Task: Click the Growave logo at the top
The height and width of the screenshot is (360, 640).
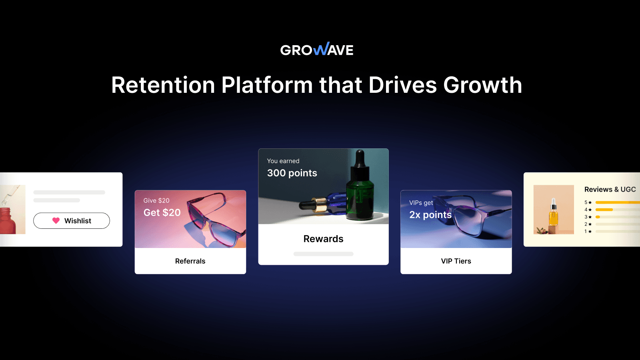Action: (x=317, y=49)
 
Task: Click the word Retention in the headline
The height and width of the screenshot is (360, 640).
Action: (x=163, y=85)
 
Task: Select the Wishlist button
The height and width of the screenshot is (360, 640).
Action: (x=72, y=221)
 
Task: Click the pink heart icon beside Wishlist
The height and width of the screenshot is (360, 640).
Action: (x=56, y=220)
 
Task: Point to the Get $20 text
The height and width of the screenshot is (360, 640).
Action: (x=162, y=213)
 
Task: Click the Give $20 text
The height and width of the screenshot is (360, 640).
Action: (x=156, y=200)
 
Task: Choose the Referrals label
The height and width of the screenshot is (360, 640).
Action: (x=190, y=261)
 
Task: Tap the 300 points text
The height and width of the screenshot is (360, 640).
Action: (x=292, y=173)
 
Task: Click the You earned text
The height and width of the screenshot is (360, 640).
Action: (x=283, y=161)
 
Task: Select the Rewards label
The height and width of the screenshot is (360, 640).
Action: (x=323, y=239)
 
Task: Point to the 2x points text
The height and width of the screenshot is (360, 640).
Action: (x=430, y=215)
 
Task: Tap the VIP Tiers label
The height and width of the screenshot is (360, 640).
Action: (x=456, y=261)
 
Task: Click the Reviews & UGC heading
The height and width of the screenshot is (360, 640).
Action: (x=610, y=190)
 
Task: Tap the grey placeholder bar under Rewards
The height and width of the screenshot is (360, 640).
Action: (x=323, y=254)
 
